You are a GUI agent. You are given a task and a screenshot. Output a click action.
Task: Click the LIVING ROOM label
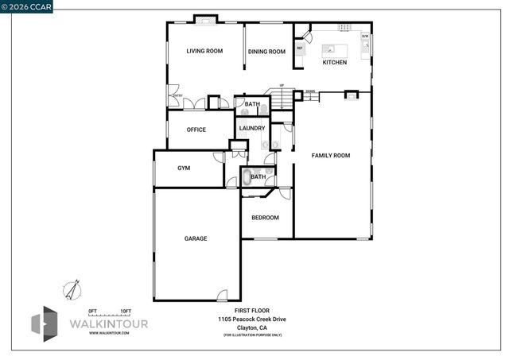[x=204, y=52]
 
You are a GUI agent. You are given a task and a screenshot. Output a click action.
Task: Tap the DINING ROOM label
[x=266, y=52]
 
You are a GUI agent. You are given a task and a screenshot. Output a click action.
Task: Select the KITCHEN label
[x=334, y=62]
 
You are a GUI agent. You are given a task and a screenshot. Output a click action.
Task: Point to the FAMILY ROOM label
[x=330, y=155]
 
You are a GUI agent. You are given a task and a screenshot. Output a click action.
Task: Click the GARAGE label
[x=196, y=238]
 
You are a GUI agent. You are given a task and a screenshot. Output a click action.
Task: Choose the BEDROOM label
[x=265, y=218]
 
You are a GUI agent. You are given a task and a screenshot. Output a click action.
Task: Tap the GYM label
[x=184, y=168]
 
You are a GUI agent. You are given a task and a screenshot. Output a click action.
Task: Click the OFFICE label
[x=196, y=130]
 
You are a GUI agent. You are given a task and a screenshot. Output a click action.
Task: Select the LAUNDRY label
[x=252, y=128]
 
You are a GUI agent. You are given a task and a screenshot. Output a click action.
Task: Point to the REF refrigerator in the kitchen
[x=300, y=48]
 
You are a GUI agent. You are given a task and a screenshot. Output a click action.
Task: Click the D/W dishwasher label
[x=365, y=37]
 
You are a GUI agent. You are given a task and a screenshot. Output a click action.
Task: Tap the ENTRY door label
[x=177, y=96]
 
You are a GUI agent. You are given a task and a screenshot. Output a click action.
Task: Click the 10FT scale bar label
[x=126, y=310]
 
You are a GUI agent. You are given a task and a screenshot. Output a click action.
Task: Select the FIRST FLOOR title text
[x=252, y=310]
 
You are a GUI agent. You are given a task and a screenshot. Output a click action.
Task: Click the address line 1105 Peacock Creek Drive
[x=252, y=319]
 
